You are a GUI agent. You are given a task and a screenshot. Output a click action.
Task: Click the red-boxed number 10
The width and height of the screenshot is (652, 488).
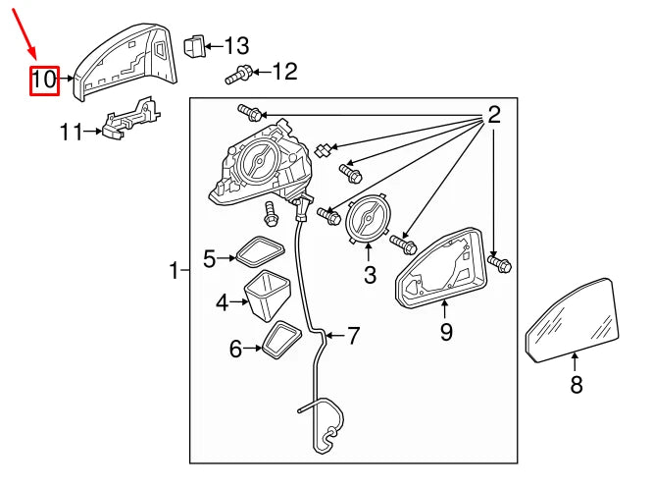[x=44, y=81]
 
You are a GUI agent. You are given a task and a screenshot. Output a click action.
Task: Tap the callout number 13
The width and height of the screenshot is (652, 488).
[x=236, y=45]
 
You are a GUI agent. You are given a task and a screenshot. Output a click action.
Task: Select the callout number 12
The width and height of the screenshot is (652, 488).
[x=283, y=71]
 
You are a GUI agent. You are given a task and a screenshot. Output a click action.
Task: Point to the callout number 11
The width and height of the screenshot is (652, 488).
[x=72, y=131]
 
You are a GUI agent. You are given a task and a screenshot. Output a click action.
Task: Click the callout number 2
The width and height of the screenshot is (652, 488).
[x=494, y=115]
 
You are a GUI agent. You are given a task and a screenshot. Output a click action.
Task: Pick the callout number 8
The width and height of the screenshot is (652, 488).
[x=577, y=385]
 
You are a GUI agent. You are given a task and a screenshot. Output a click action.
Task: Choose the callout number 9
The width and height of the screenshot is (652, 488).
[x=446, y=333]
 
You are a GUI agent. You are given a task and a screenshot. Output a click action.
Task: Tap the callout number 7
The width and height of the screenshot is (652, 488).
[x=353, y=337]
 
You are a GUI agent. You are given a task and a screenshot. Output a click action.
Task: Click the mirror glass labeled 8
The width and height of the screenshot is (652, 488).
[x=574, y=319]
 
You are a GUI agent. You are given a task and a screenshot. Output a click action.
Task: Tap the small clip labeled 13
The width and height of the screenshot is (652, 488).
[x=196, y=44]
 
